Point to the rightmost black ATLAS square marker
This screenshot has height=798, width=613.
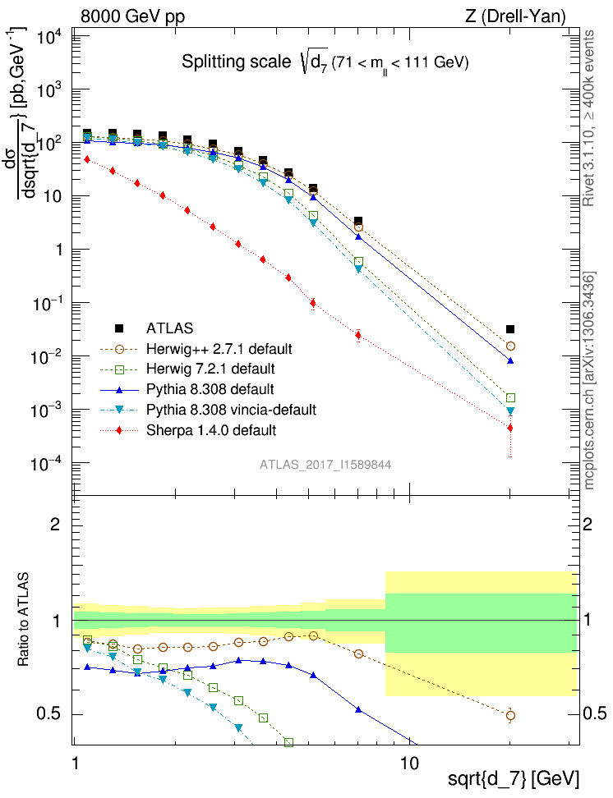510,329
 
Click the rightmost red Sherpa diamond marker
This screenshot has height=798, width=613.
510,428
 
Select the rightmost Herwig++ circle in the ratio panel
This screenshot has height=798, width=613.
510,715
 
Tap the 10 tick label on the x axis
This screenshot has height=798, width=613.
409,762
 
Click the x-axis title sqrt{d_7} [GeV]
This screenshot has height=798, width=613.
514,777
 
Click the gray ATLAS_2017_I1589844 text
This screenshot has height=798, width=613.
325,464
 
